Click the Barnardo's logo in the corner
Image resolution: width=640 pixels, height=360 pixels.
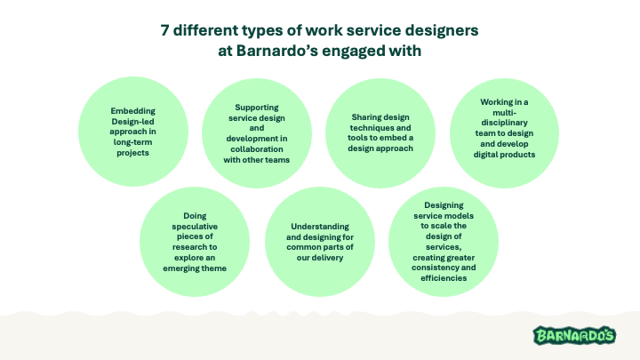tap(574, 335)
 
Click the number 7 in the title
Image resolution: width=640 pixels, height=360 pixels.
tap(165, 30)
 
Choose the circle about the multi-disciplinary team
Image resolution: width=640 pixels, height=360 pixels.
tap(507, 129)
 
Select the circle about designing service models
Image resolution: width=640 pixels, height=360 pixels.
tap(444, 241)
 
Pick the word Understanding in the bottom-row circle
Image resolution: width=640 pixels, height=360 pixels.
tap(318, 227)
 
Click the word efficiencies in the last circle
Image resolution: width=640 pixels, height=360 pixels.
tap(444, 278)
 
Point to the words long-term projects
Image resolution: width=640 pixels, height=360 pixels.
tap(130, 147)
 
